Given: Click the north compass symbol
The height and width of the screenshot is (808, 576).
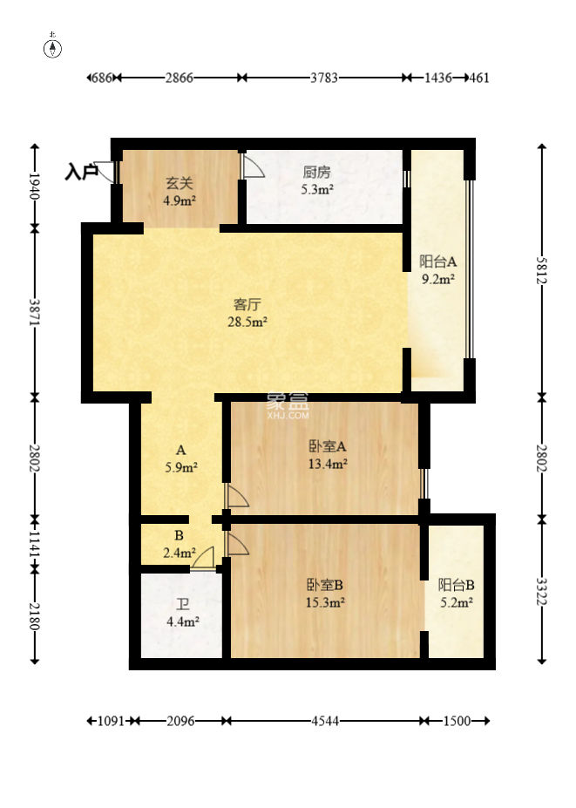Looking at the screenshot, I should (53, 48).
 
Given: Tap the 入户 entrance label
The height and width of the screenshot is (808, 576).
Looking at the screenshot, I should (81, 173).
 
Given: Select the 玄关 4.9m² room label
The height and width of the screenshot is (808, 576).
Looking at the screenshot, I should (180, 191).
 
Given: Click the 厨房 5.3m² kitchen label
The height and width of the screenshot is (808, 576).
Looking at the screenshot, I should (316, 180).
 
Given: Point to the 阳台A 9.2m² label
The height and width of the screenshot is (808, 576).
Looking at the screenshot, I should (437, 270).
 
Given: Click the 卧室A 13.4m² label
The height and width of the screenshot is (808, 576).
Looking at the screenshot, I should (328, 455).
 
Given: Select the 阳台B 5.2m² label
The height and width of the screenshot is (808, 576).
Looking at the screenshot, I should (456, 593).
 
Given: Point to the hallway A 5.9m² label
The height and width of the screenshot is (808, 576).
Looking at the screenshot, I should (180, 458).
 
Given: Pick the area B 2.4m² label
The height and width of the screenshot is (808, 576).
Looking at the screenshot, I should (179, 545).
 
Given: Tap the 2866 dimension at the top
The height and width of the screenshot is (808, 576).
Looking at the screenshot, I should (179, 78).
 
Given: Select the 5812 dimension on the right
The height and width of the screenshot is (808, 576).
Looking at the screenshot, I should (541, 269).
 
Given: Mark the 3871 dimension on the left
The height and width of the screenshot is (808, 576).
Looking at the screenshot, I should (34, 312).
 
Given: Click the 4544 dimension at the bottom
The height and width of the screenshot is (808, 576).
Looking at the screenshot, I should (324, 722).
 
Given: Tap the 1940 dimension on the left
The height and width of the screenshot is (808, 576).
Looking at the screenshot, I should (34, 187).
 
